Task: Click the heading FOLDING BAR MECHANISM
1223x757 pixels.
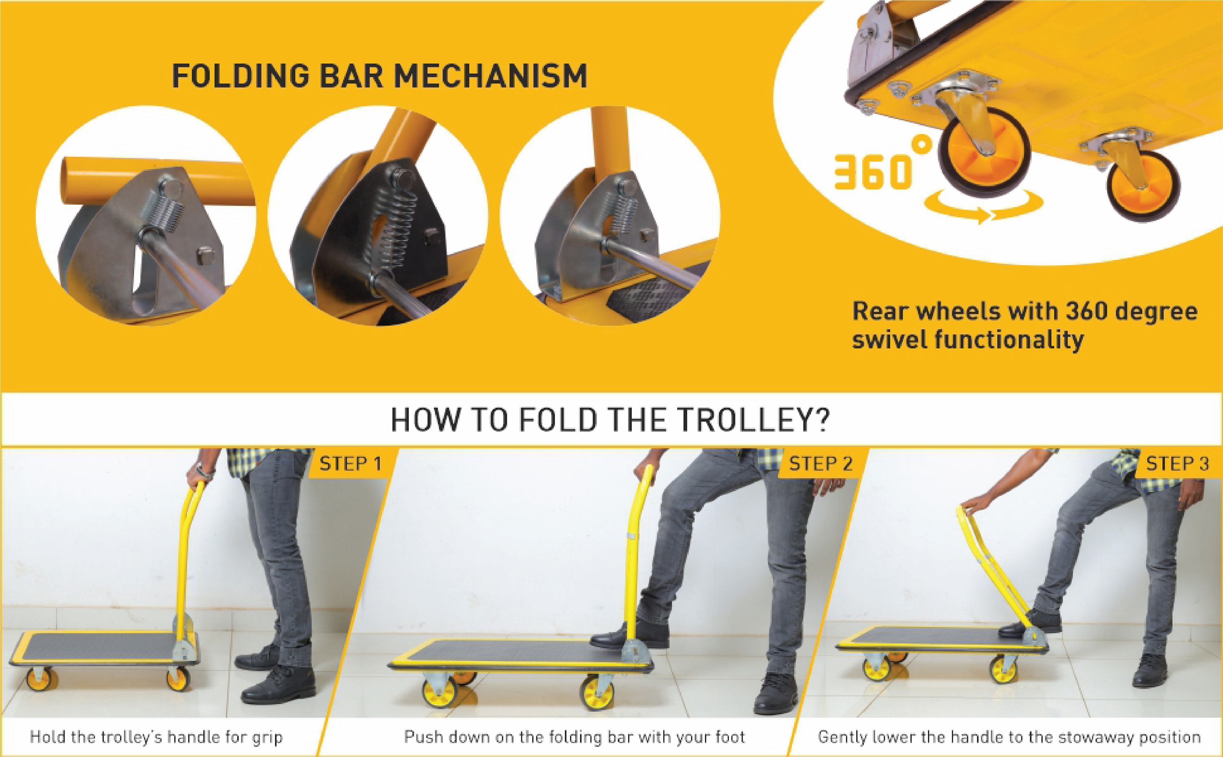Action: tap(379, 76)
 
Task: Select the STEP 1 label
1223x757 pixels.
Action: tap(350, 464)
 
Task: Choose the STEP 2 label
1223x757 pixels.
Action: tap(821, 464)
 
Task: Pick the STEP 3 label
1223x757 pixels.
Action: tap(1177, 464)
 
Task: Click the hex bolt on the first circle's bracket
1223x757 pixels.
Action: tap(206, 255)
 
